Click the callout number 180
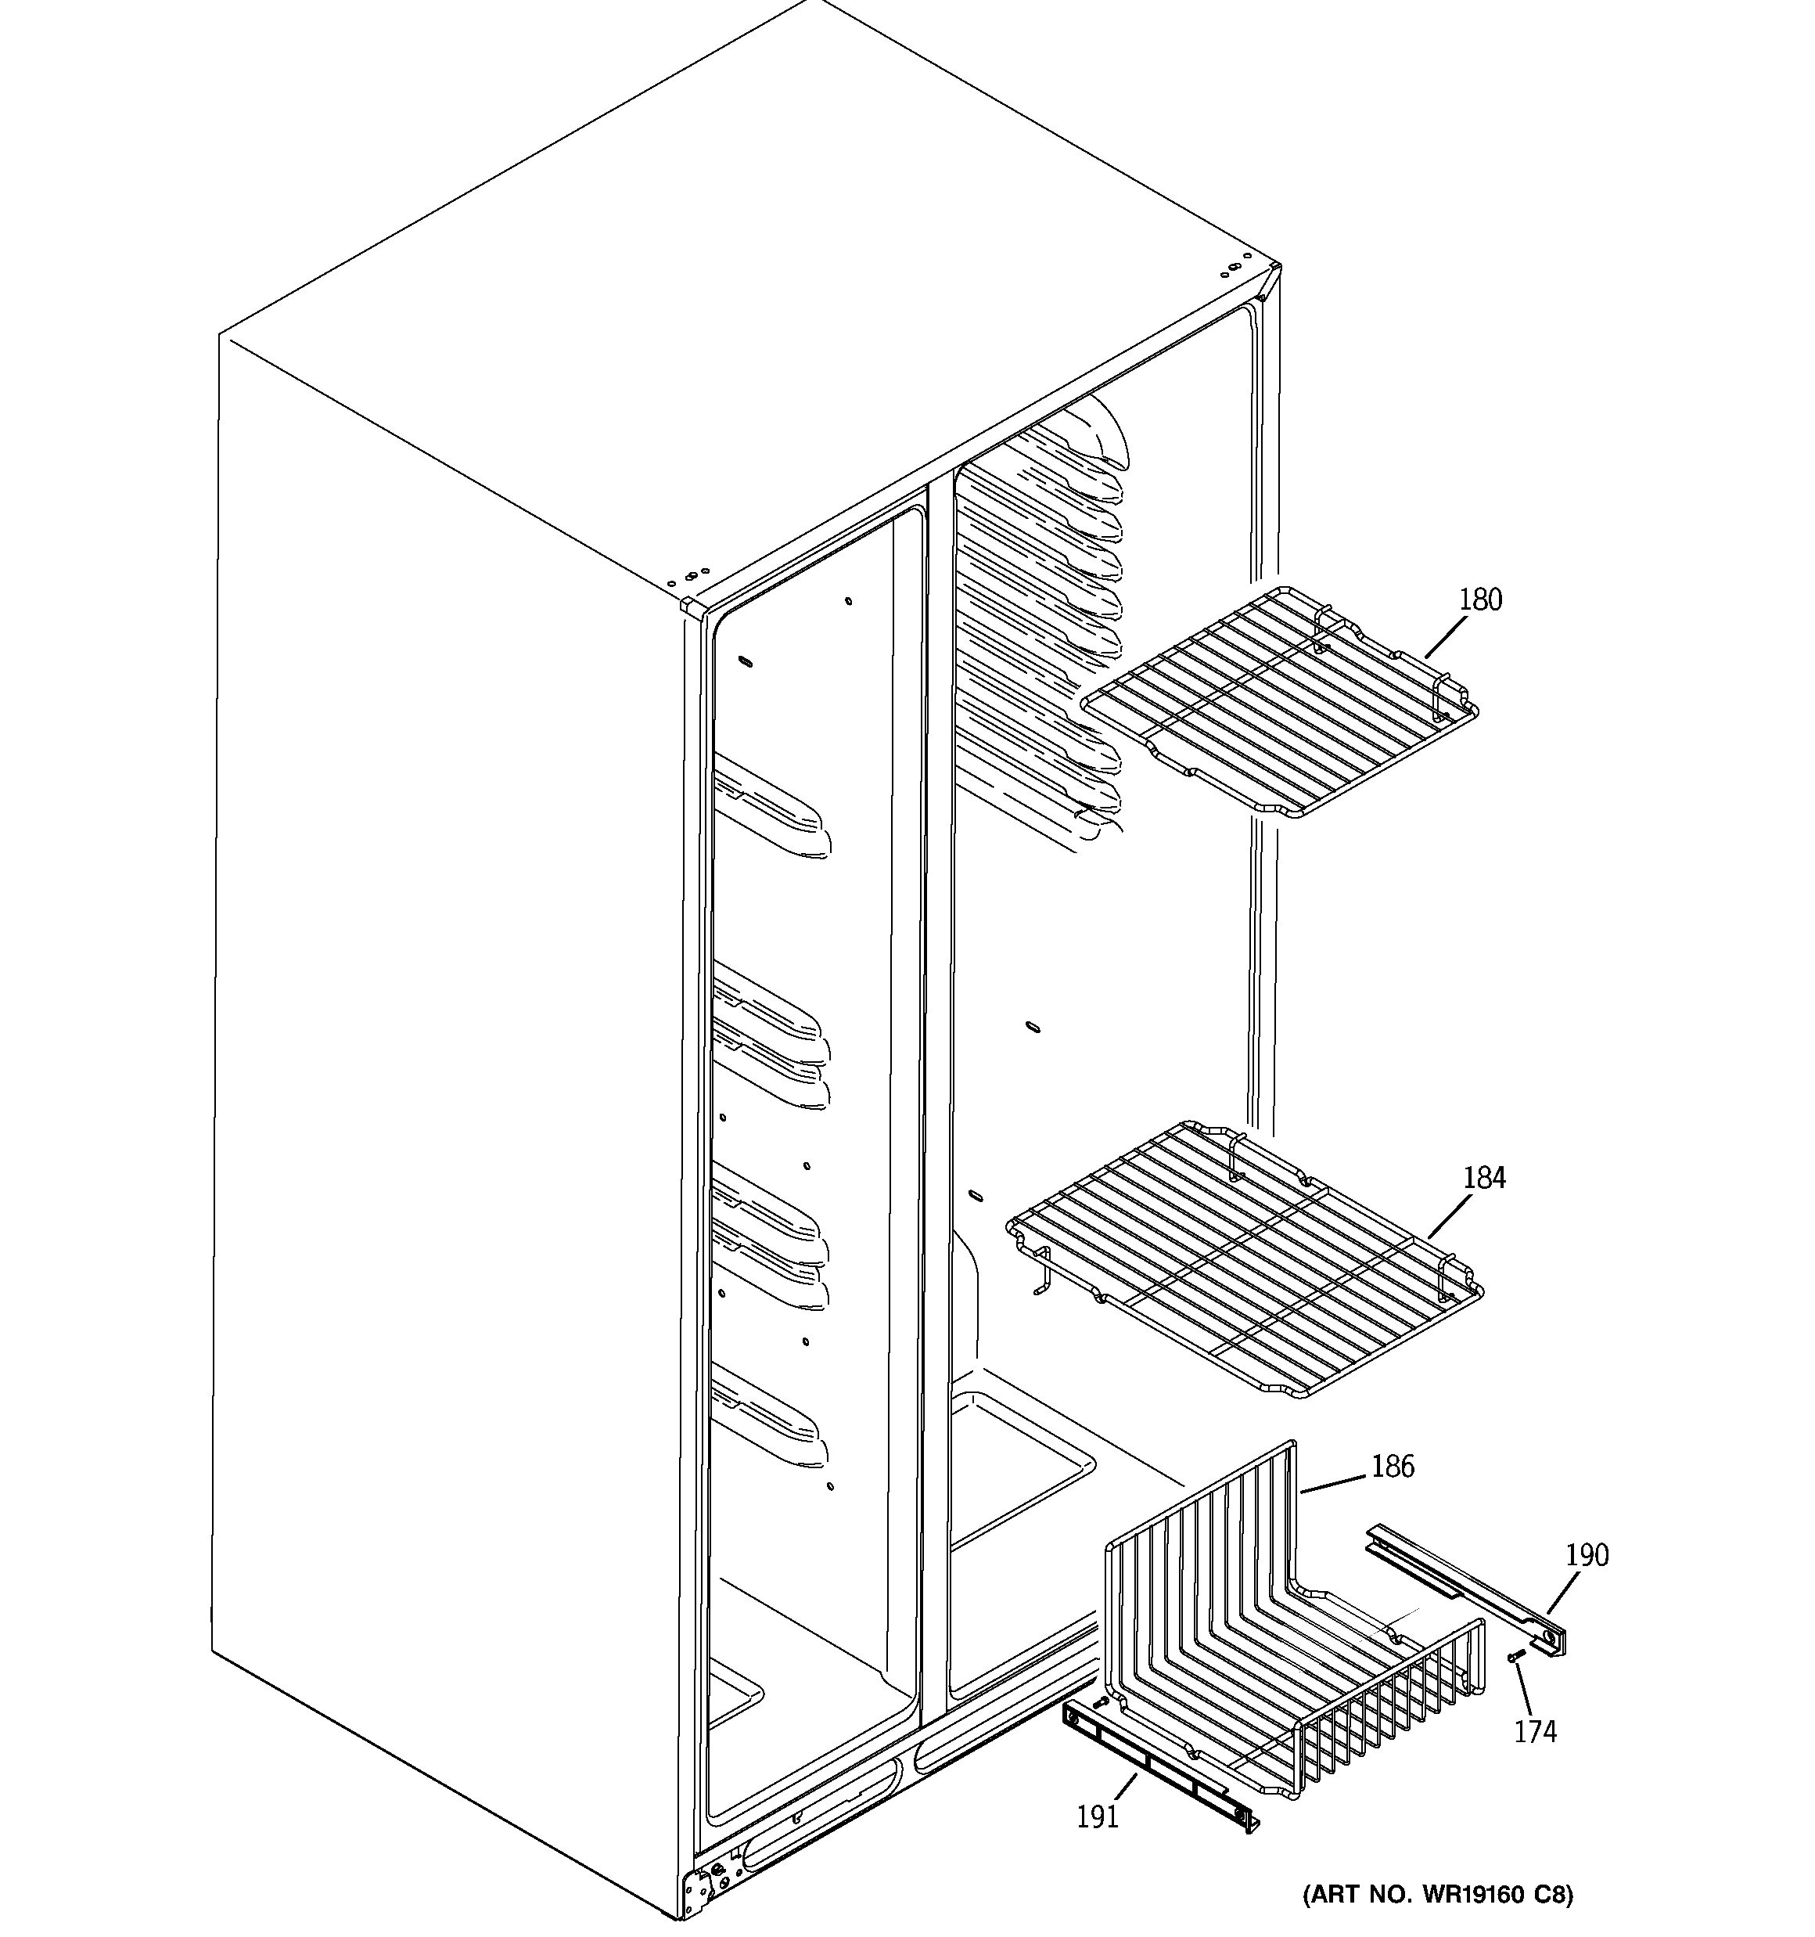coord(1480,600)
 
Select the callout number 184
coord(1484,1178)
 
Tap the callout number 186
coord(1393,1467)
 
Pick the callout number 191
coord(1097,1816)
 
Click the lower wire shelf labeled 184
coord(1247,1257)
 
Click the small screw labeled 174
coord(1514,1656)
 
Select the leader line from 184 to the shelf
coord(1450,1217)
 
